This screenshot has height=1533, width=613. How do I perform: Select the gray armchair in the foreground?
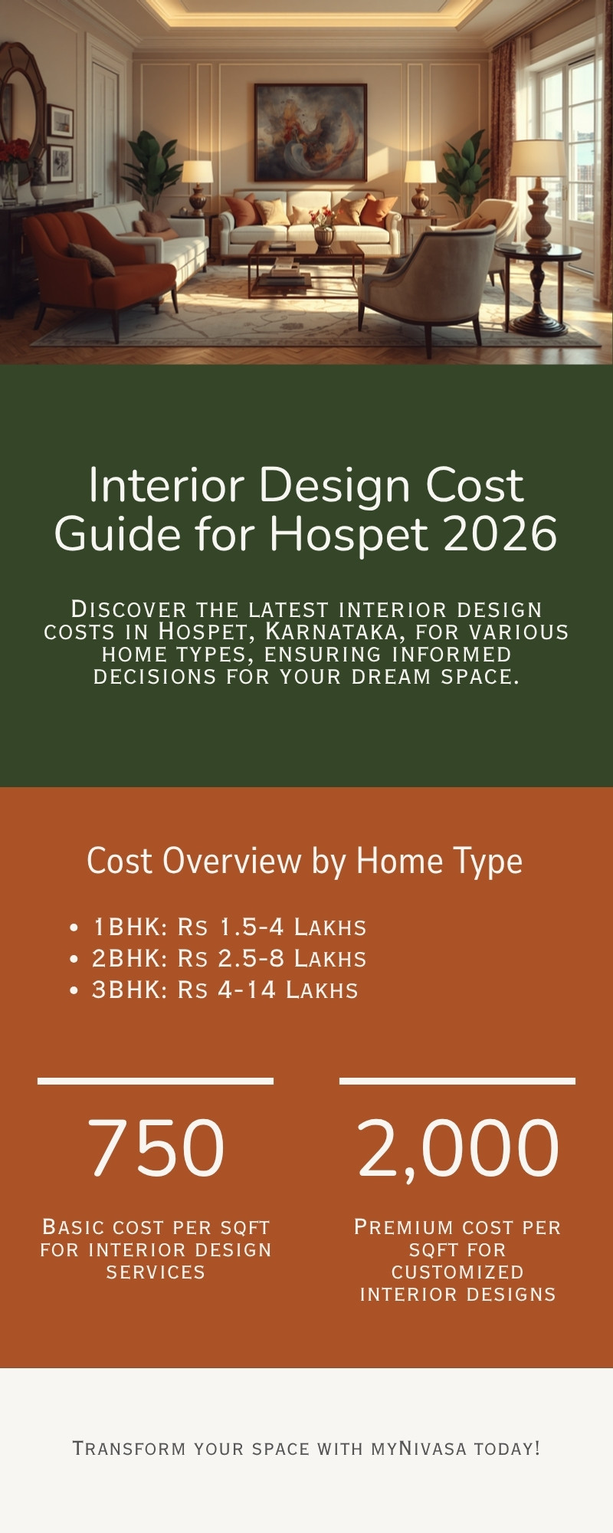coord(429,284)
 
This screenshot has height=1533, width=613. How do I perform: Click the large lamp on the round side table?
coord(538,192)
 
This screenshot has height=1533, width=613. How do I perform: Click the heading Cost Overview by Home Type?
coord(305,861)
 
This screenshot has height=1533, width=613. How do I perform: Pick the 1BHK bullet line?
coord(229,927)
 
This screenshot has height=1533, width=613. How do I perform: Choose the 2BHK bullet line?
coord(229,958)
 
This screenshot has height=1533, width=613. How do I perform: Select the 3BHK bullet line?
coord(225,990)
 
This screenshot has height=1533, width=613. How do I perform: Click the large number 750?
coord(156,1147)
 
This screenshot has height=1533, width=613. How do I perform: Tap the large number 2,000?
coord(457,1147)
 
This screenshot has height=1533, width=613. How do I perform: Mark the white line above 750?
coord(156,1081)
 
